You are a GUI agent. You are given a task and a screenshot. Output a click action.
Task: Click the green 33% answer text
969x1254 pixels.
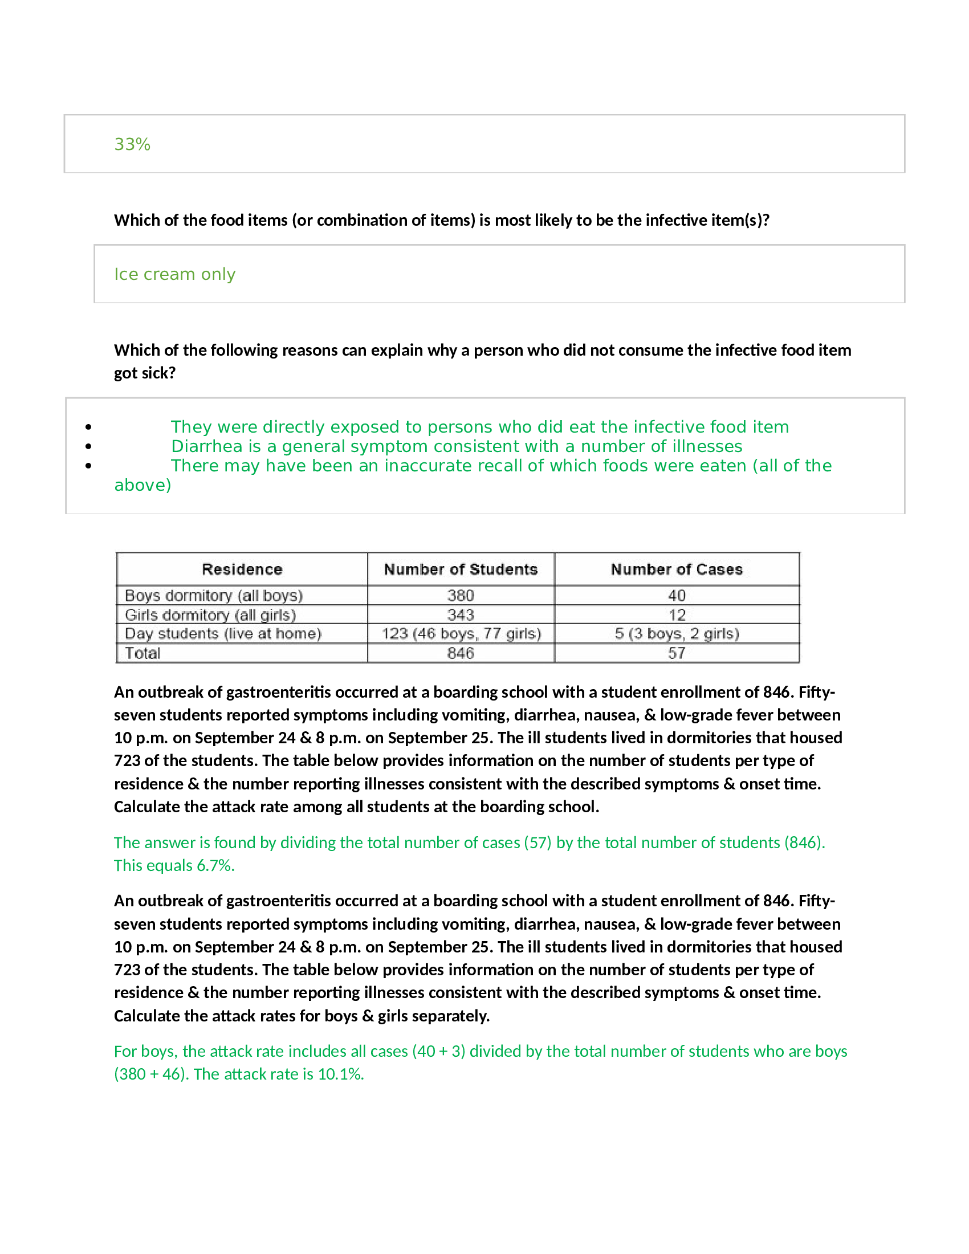132,144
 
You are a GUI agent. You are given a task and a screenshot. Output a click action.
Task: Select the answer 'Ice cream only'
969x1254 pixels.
174,275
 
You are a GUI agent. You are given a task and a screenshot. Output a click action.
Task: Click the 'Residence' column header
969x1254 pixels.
242,569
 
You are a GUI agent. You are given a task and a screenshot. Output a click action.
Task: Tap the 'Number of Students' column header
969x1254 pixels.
461,569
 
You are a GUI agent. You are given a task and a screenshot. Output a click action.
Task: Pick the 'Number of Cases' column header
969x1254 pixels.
676,569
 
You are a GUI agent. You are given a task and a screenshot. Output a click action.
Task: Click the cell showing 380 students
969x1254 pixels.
461,596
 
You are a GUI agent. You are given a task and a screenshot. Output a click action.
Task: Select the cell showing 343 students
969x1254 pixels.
461,615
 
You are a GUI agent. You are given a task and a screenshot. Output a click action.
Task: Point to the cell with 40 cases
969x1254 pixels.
676,596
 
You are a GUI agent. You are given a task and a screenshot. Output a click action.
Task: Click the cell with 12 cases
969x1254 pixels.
676,615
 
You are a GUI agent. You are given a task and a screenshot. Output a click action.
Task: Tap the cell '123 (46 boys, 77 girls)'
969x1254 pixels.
461,634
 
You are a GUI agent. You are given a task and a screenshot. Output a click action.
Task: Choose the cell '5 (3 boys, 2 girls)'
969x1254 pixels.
676,634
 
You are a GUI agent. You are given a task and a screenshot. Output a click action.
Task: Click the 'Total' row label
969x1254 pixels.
142,653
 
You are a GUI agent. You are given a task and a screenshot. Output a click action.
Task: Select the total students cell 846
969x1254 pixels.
461,653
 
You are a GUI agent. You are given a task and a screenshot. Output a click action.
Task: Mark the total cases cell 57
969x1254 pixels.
676,653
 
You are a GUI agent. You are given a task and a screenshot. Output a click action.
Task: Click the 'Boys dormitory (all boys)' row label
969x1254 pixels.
214,596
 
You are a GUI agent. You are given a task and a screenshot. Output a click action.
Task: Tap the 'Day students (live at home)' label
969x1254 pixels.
223,634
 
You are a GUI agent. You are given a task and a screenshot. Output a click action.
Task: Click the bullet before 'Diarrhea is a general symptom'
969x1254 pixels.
88,446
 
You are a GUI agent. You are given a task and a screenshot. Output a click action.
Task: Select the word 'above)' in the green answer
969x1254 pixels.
142,485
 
